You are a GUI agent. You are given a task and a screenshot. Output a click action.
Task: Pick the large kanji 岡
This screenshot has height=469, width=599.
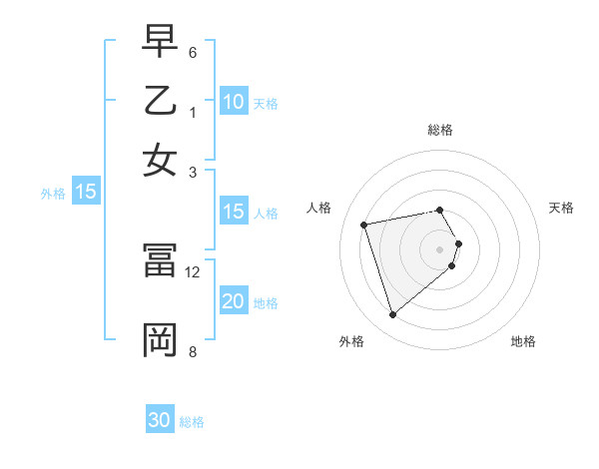coord(161,339)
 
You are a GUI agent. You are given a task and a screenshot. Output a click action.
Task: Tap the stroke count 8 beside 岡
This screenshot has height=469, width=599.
coord(193,351)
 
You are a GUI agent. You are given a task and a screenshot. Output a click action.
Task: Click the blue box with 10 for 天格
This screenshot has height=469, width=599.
coord(233,102)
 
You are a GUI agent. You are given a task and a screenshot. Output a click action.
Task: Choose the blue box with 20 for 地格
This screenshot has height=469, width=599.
coord(233,301)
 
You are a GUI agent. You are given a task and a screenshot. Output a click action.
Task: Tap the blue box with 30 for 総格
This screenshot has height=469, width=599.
coord(160,420)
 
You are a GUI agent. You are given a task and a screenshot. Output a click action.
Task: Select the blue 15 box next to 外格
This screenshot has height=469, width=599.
coord(85,193)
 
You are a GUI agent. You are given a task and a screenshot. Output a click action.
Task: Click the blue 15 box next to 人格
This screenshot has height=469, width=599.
coord(233,212)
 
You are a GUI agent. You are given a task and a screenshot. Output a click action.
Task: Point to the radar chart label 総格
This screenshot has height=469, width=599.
coord(440,130)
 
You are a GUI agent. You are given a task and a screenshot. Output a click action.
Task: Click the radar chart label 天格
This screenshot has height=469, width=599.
coord(562,208)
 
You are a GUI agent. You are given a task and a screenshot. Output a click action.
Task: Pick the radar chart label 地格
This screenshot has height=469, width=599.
coord(523,342)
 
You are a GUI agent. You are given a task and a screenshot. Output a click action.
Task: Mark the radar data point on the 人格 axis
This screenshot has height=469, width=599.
coord(364,224)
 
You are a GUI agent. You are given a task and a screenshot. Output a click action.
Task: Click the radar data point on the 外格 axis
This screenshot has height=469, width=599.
coord(392,315)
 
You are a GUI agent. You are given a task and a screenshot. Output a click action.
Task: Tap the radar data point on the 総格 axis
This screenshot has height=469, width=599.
coord(440,210)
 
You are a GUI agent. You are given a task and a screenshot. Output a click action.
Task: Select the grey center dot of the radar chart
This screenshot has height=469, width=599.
coord(440,248)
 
